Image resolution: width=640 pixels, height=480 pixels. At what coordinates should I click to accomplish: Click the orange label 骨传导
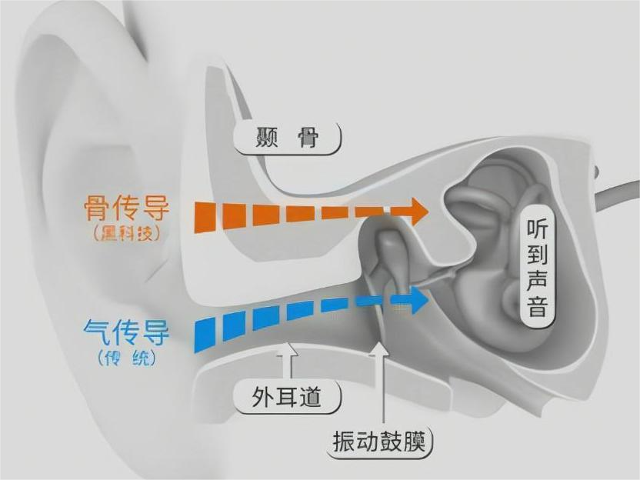click(x=126, y=209)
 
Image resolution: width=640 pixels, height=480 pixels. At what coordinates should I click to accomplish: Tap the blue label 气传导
click(x=126, y=332)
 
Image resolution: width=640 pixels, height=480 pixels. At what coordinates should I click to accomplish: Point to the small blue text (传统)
click(x=128, y=358)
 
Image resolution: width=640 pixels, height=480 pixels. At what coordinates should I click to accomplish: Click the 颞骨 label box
click(x=287, y=139)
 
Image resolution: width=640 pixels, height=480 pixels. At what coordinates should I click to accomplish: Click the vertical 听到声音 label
click(x=537, y=269)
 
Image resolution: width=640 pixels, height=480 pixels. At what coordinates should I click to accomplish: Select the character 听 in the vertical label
click(x=537, y=229)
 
